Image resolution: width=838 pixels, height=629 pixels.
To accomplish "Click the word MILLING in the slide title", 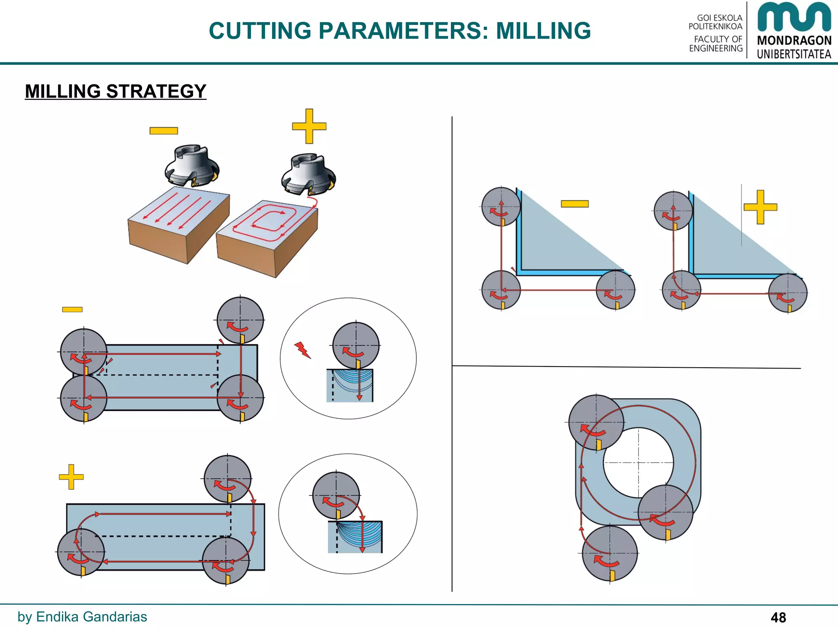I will pyautogui.click(x=543, y=31).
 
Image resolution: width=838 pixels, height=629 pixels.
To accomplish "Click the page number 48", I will pyautogui.click(x=778, y=617).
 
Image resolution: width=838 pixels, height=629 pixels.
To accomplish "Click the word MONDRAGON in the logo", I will pyautogui.click(x=794, y=41).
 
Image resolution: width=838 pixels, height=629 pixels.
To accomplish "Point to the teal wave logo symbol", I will pyautogui.click(x=794, y=17).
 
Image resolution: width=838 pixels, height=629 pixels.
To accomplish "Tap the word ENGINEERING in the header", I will pyautogui.click(x=716, y=48).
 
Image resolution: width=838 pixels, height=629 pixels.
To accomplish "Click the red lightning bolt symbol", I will pyautogui.click(x=302, y=350).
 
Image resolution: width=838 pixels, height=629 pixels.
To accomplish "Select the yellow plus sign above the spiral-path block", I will pyautogui.click(x=309, y=126).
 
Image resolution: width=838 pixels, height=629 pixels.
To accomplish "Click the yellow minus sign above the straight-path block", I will pyautogui.click(x=164, y=131).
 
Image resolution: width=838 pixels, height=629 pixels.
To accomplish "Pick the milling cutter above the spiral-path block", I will pyautogui.click(x=309, y=174).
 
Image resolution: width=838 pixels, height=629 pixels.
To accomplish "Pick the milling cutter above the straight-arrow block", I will pyautogui.click(x=192, y=165).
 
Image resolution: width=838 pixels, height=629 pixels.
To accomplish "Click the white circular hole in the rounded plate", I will pyautogui.click(x=638, y=463).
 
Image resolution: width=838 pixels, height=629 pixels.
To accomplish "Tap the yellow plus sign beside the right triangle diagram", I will pyautogui.click(x=760, y=207).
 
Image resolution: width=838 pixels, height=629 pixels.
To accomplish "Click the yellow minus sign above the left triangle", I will pyautogui.click(x=574, y=204).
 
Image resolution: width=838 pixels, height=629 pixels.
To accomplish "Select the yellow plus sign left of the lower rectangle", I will pyautogui.click(x=71, y=477).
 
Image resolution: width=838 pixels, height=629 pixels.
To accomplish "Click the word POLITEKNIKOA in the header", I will pyautogui.click(x=715, y=26).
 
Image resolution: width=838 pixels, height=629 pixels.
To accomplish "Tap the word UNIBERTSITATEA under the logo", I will pyautogui.click(x=794, y=54).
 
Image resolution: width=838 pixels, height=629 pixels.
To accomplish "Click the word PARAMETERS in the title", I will pyautogui.click(x=403, y=31).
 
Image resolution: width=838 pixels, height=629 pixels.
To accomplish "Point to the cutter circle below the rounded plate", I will pyautogui.click(x=610, y=554).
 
